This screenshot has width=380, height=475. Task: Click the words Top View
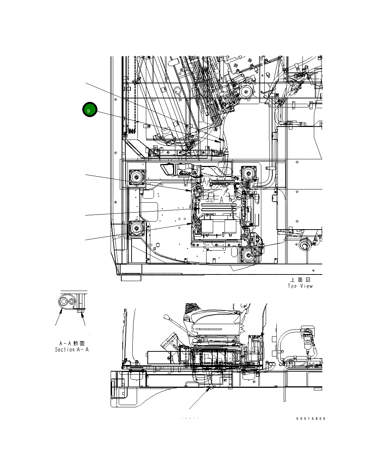click(x=300, y=286)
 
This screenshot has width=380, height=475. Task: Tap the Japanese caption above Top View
click(x=300, y=280)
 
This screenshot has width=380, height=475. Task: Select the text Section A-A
click(x=72, y=350)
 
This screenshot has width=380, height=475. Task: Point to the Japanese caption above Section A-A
click(x=72, y=343)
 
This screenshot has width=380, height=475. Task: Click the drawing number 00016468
click(x=311, y=418)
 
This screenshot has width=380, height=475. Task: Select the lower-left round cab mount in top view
click(x=136, y=229)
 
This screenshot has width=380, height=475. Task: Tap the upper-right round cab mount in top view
click(x=249, y=173)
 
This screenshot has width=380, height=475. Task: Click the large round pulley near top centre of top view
click(x=246, y=92)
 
